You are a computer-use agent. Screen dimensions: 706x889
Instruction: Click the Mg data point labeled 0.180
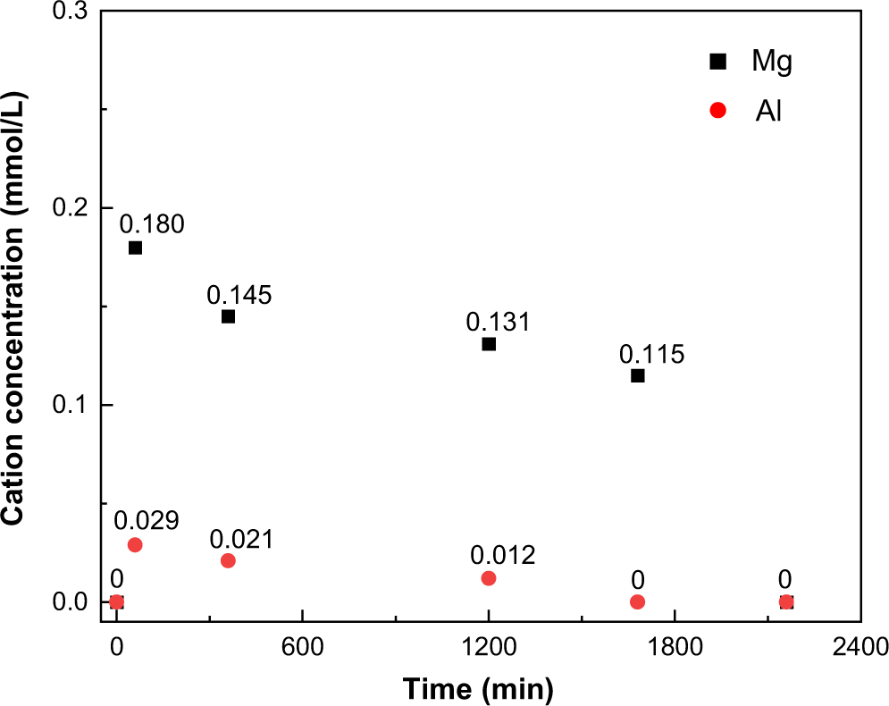click(x=135, y=248)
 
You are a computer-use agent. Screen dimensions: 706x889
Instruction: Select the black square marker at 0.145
click(x=228, y=316)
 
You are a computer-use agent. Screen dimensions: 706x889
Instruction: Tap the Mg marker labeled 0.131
click(x=489, y=344)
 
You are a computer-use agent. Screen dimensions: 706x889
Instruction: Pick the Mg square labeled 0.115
click(x=637, y=375)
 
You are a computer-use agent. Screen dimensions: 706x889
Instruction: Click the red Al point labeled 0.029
click(x=135, y=545)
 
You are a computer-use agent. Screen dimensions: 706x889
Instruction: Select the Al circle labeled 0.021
click(x=228, y=560)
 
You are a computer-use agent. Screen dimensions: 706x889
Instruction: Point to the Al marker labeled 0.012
click(x=489, y=578)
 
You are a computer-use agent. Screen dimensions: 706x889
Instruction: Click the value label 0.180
click(x=152, y=223)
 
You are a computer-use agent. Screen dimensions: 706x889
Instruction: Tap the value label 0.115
click(x=651, y=354)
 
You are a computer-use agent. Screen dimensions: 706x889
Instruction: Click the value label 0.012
click(x=503, y=555)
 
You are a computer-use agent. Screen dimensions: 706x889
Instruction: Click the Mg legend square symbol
click(x=717, y=62)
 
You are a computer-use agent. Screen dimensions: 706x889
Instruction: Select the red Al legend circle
click(x=717, y=111)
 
